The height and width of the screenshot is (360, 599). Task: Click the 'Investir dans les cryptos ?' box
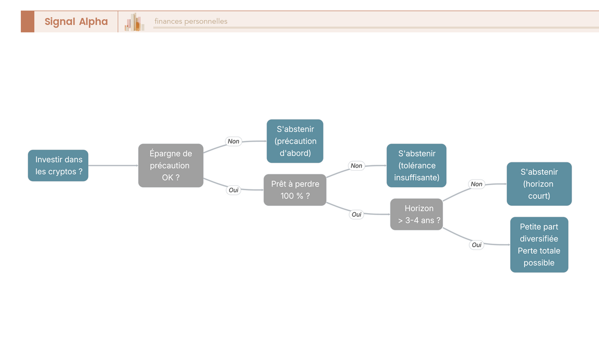58,166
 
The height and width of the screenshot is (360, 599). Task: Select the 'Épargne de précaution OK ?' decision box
171,166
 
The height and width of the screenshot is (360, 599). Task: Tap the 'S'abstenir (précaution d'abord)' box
295,141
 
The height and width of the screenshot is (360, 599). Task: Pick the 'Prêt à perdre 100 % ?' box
295,190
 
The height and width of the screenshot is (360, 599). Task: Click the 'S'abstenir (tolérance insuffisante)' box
416,166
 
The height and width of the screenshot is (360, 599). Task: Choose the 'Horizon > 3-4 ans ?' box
416,214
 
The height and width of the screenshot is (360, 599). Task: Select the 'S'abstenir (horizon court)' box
539,184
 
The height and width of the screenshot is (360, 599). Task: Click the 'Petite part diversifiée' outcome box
539,245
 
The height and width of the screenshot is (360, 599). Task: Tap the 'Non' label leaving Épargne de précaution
234,141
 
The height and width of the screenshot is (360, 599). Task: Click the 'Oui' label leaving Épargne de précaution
234,190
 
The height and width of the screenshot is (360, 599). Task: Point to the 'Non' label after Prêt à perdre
356,166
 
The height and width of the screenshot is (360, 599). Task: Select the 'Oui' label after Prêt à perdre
356,215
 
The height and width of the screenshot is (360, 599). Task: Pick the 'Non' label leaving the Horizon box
477,184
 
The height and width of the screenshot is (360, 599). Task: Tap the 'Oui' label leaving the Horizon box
477,245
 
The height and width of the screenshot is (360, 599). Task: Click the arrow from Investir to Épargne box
113,166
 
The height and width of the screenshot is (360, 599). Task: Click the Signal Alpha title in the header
76,21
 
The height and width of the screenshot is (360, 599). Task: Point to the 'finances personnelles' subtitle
191,21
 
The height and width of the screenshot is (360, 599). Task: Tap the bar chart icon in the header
134,21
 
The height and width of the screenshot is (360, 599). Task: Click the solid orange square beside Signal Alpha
27,21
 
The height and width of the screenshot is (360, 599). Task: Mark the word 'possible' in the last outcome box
539,263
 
